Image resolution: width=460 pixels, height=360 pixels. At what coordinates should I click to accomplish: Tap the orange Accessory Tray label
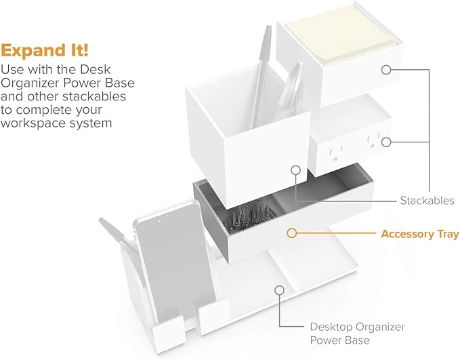(x=419, y=235)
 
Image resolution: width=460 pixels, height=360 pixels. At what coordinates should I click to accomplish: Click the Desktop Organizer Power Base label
(x=357, y=333)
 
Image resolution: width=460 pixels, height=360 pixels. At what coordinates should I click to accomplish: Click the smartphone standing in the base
(x=162, y=258)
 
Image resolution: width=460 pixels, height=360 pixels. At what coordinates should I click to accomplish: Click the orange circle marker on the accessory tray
(x=291, y=233)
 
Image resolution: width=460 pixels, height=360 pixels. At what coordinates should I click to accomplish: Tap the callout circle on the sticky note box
(x=387, y=69)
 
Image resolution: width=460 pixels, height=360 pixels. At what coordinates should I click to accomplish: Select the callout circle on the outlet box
(x=387, y=142)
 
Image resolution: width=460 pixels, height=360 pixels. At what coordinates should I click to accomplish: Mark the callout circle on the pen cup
(x=295, y=170)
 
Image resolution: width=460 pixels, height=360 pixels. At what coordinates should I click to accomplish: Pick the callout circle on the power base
(x=278, y=290)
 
